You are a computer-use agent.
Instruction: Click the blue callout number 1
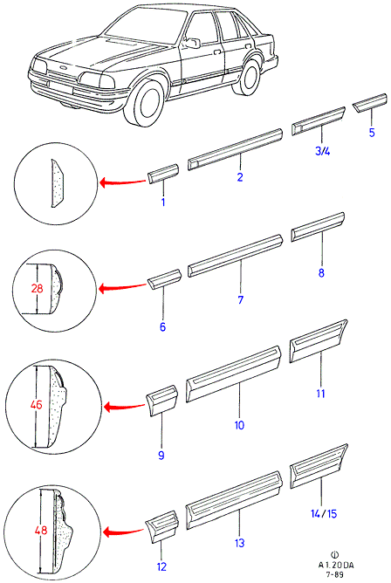tap(163, 202)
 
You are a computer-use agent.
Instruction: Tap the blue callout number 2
tap(240, 177)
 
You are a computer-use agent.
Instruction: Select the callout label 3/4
tap(322, 151)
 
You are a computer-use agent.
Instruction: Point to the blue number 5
tap(372, 133)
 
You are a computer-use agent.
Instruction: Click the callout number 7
tap(241, 299)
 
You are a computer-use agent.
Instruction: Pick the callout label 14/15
tap(324, 513)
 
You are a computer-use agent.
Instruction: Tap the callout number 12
tap(161, 567)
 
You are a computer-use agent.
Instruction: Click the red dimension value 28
tap(38, 288)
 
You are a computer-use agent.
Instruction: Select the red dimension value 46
tap(37, 405)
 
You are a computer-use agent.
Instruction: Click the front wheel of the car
tap(148, 103)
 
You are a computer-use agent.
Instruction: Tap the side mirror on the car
tap(192, 43)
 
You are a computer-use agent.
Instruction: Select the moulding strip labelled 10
tap(233, 374)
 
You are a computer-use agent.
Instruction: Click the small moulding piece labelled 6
tap(164, 279)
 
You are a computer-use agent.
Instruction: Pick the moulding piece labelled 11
tap(319, 340)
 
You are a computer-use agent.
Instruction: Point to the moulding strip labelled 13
tap(233, 499)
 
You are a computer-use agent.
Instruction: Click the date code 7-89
tap(334, 574)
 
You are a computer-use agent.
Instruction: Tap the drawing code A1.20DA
tap(336, 566)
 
